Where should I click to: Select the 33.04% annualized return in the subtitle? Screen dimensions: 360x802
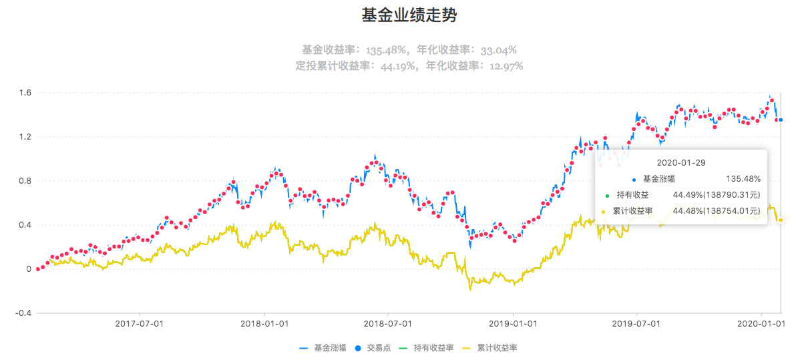point(495,50)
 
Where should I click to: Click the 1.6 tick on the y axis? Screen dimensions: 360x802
point(25,93)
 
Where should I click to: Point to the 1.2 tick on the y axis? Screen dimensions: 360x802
point(25,137)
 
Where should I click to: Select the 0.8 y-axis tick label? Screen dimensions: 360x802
point(25,181)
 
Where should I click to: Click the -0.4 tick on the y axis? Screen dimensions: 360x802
point(23,313)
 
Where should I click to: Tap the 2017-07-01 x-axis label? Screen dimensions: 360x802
point(140,323)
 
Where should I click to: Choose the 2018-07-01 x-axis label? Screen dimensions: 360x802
point(388,323)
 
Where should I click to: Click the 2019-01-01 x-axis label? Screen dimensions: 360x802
point(512,323)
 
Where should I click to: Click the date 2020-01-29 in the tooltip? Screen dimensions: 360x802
point(680,162)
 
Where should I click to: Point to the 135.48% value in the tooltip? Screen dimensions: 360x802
point(743,179)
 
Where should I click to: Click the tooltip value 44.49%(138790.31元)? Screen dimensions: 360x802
point(717,195)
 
